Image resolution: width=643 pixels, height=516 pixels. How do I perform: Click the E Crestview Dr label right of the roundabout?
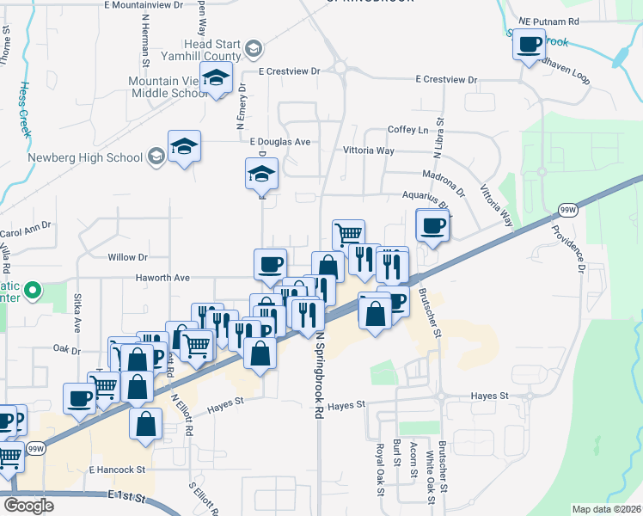(445, 79)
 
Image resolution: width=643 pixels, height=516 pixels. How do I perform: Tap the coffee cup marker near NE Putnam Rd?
(530, 44)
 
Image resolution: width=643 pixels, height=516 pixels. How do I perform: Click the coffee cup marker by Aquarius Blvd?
(432, 225)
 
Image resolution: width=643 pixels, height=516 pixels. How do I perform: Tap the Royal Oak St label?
(378, 469)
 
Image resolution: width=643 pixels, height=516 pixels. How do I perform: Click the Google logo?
(28, 506)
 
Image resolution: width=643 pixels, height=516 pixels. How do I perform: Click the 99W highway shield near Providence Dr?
(566, 209)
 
